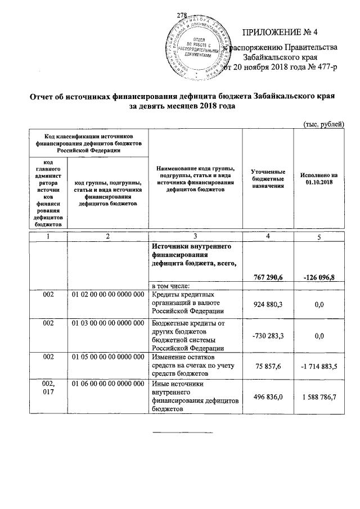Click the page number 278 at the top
pos(181,15)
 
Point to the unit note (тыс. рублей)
pos(322,124)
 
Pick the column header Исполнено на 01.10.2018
pos(319,179)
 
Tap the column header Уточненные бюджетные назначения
pos(268,178)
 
